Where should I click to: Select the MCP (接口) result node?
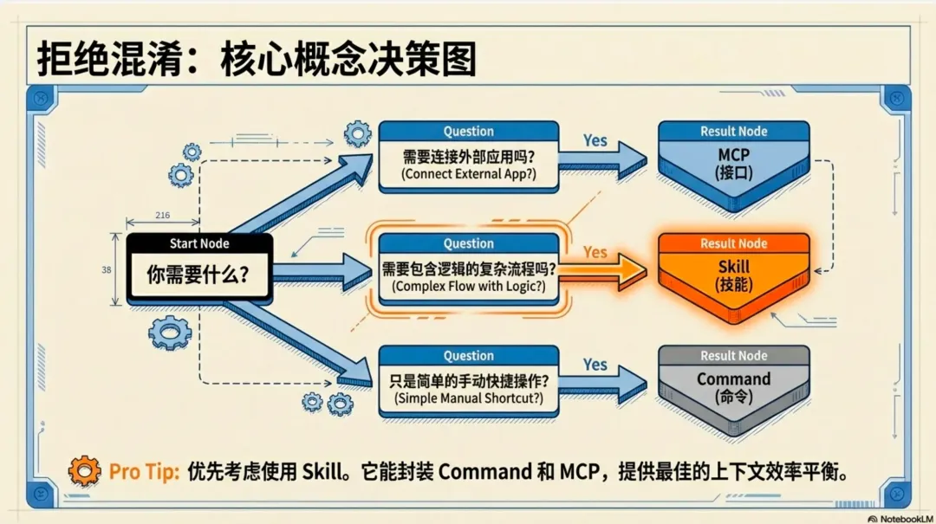[x=733, y=165]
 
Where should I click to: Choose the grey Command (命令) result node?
[x=733, y=388]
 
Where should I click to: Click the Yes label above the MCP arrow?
[x=595, y=139]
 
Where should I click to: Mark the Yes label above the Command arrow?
[x=595, y=365]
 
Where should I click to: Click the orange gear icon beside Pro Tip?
[x=84, y=471]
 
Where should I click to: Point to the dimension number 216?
[x=162, y=215]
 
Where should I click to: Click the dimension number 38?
[x=107, y=269]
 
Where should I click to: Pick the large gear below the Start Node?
[x=170, y=333]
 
